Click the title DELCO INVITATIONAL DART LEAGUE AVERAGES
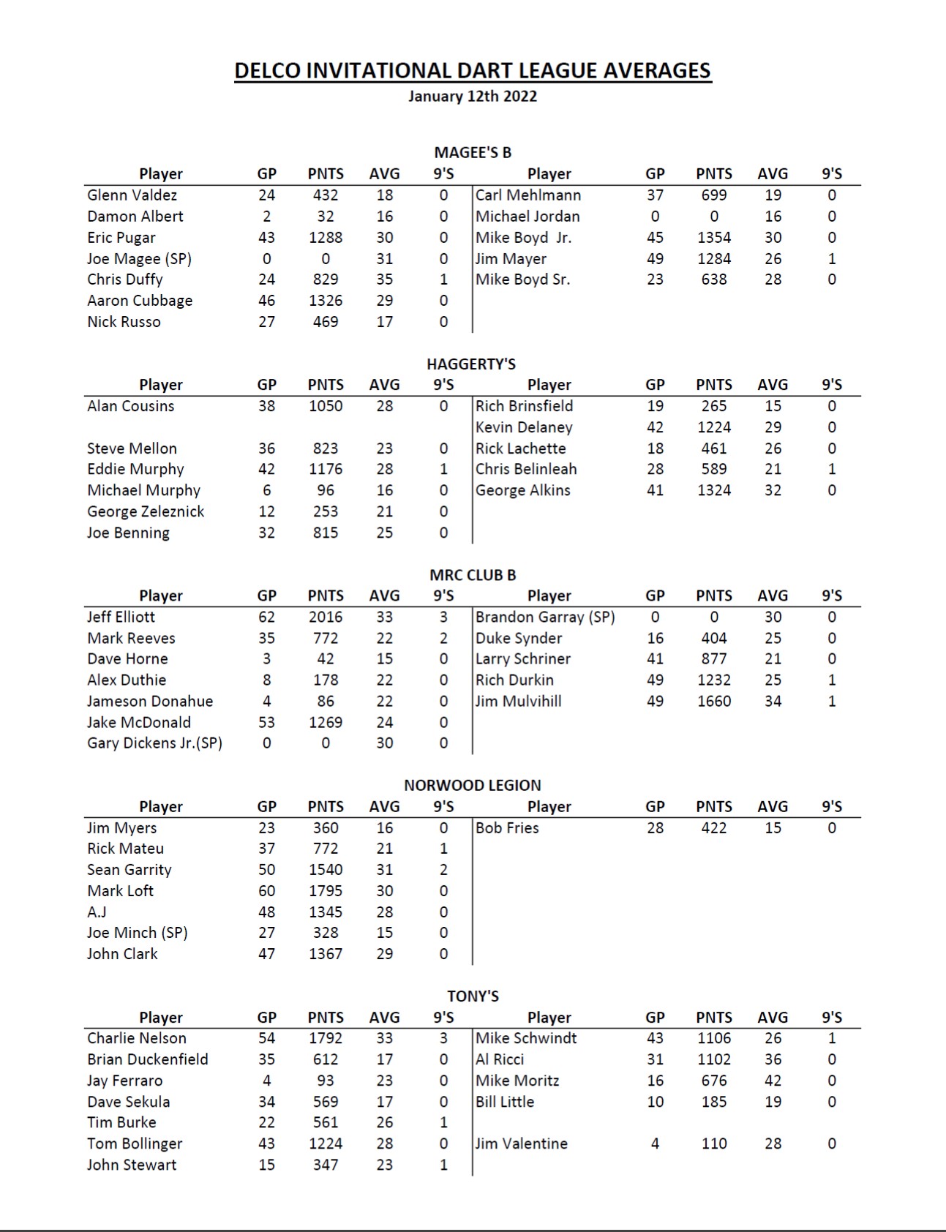point(473,71)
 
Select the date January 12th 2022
point(473,97)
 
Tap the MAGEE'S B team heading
point(473,153)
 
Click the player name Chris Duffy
point(125,279)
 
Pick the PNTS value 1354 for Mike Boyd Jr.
point(714,238)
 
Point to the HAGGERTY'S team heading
point(471,364)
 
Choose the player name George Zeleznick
point(146,512)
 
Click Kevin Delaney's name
point(524,427)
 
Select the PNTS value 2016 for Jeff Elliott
point(326,617)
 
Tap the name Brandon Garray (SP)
point(545,617)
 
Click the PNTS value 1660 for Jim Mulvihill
point(714,702)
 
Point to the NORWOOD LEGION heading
point(473,786)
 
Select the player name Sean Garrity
point(129,870)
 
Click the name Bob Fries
point(507,828)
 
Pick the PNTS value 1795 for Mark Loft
point(326,891)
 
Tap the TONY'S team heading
point(473,996)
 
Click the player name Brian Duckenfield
point(148,1060)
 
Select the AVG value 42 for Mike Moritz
point(773,1081)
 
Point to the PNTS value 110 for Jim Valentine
point(714,1144)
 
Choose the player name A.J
point(97,912)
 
